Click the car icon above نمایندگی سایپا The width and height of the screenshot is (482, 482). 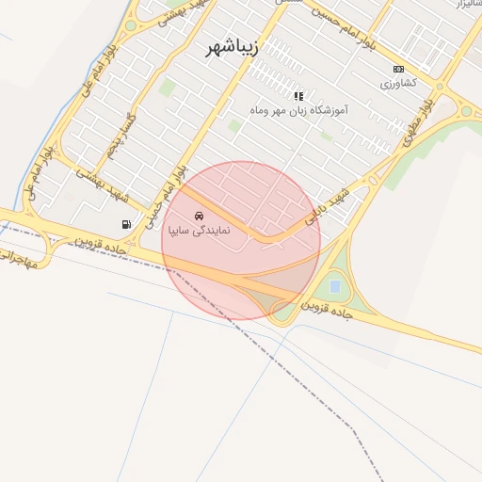pos(198,216)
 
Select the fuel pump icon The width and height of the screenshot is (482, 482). pos(126,224)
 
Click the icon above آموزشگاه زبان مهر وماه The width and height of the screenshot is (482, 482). pos(298,96)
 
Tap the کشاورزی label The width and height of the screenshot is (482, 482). pos(398,83)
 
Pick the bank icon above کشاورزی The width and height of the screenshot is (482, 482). pos(398,69)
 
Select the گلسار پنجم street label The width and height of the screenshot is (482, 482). pos(122,136)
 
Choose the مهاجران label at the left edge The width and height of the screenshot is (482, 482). pos(19,258)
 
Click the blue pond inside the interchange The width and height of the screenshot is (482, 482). pos(335,285)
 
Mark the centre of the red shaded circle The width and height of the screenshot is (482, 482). pos(241,240)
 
